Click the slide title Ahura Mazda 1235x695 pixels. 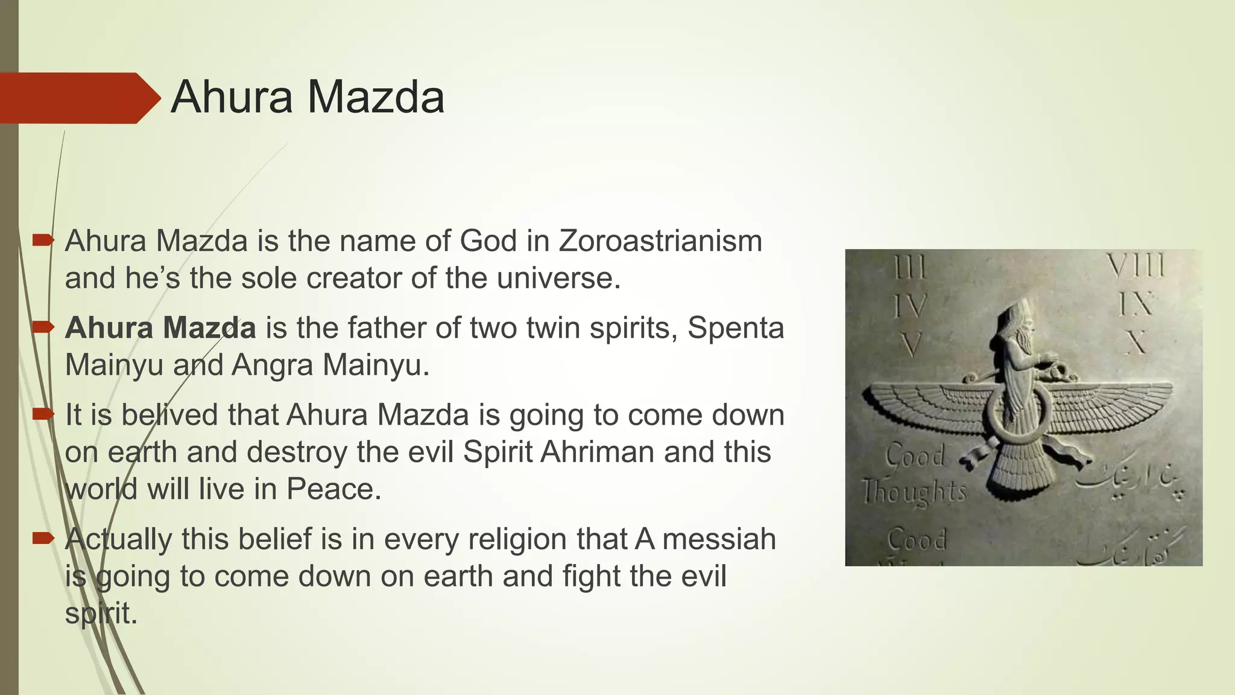[x=308, y=98]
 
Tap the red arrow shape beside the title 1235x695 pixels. [x=78, y=98]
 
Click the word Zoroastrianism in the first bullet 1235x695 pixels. [x=660, y=241]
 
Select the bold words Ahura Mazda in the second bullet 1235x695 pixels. [x=160, y=328]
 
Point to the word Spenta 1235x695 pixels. [x=736, y=328]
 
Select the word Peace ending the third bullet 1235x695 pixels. [x=332, y=489]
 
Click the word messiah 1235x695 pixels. [x=719, y=539]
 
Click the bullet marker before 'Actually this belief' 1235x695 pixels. [x=43, y=538]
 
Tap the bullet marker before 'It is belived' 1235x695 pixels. [x=43, y=414]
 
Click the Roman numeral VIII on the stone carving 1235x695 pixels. [x=1136, y=267]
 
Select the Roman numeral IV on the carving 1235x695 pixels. [x=910, y=306]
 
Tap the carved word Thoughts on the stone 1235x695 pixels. [x=914, y=492]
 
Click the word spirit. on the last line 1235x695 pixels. [x=101, y=614]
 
